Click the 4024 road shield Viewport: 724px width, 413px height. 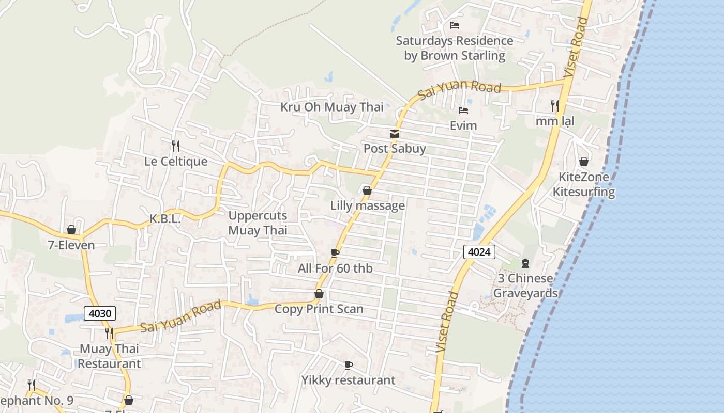[479, 252]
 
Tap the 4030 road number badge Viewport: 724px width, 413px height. [99, 313]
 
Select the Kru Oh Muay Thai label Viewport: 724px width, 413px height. [332, 107]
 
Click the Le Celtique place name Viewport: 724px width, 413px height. [176, 161]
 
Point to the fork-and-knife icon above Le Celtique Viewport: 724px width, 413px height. [176, 146]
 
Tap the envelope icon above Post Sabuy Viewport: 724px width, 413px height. [395, 134]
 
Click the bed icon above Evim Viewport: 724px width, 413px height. [463, 110]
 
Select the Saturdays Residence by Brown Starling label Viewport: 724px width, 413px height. [455, 48]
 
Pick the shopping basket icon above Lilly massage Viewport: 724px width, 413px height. [367, 190]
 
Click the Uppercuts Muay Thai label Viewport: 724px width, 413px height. [258, 223]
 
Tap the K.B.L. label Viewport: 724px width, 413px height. [165, 219]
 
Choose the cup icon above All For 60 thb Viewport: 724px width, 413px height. [335, 253]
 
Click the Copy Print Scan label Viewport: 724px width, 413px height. [319, 309]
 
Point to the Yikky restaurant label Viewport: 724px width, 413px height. [349, 380]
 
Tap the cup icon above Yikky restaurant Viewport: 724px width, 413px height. [349, 365]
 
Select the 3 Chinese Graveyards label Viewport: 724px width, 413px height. [525, 285]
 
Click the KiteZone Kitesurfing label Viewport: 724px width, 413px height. [584, 184]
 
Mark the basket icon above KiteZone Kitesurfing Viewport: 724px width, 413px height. [584, 162]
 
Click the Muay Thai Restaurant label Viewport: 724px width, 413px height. [109, 356]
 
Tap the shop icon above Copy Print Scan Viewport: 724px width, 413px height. [320, 294]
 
